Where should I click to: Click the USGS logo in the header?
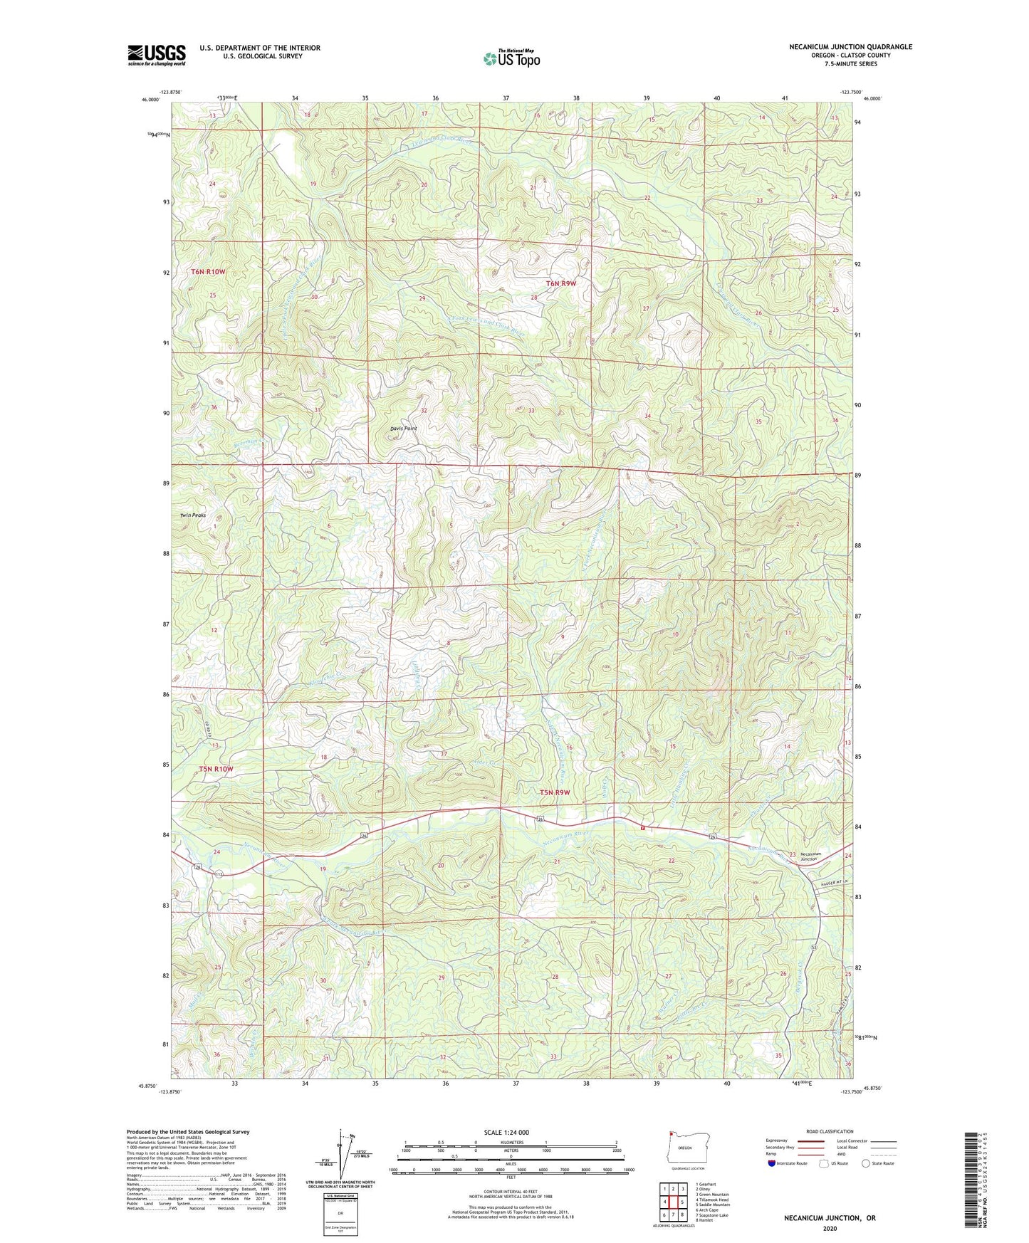157,54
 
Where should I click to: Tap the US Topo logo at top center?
511,58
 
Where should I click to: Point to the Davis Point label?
403,429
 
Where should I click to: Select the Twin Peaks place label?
192,515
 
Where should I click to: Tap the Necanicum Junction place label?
810,856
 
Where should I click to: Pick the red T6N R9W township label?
560,284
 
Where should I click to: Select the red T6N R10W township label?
207,272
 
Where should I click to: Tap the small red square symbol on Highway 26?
642,828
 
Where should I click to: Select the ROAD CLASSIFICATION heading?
830,1131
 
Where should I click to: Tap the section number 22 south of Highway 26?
671,861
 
